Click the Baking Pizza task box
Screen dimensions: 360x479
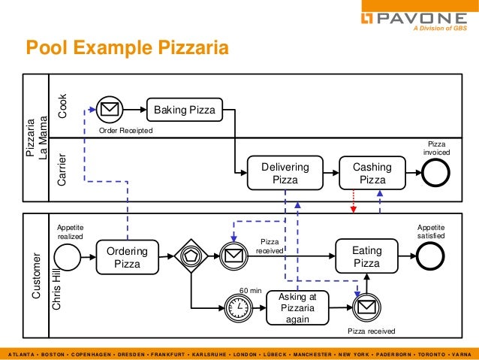(184, 111)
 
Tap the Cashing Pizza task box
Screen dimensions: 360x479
(372, 173)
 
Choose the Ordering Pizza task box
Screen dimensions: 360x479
(127, 257)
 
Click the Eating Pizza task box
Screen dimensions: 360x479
(366, 256)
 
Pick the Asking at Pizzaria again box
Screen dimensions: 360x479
(297, 308)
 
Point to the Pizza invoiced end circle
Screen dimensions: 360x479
(435, 174)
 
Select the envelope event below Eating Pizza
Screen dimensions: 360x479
(366, 307)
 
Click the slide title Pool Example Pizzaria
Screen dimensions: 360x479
(127, 49)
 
